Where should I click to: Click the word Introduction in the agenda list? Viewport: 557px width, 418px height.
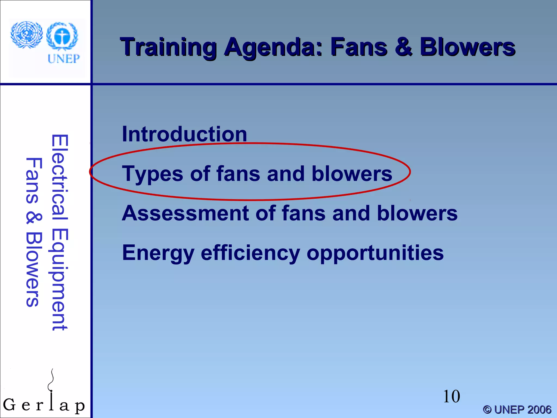pos(184,134)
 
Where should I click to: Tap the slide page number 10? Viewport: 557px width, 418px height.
pos(451,397)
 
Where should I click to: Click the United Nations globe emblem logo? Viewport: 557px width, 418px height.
pos(26,35)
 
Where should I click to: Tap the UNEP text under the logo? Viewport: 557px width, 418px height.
pos(64,59)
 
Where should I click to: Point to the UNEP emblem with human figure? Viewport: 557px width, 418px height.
pos(62,36)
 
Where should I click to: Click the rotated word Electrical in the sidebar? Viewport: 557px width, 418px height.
pos(59,177)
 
